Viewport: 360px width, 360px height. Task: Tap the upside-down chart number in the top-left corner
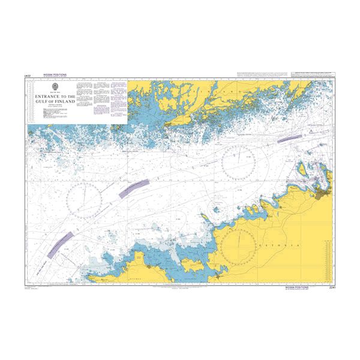coord(27,75)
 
